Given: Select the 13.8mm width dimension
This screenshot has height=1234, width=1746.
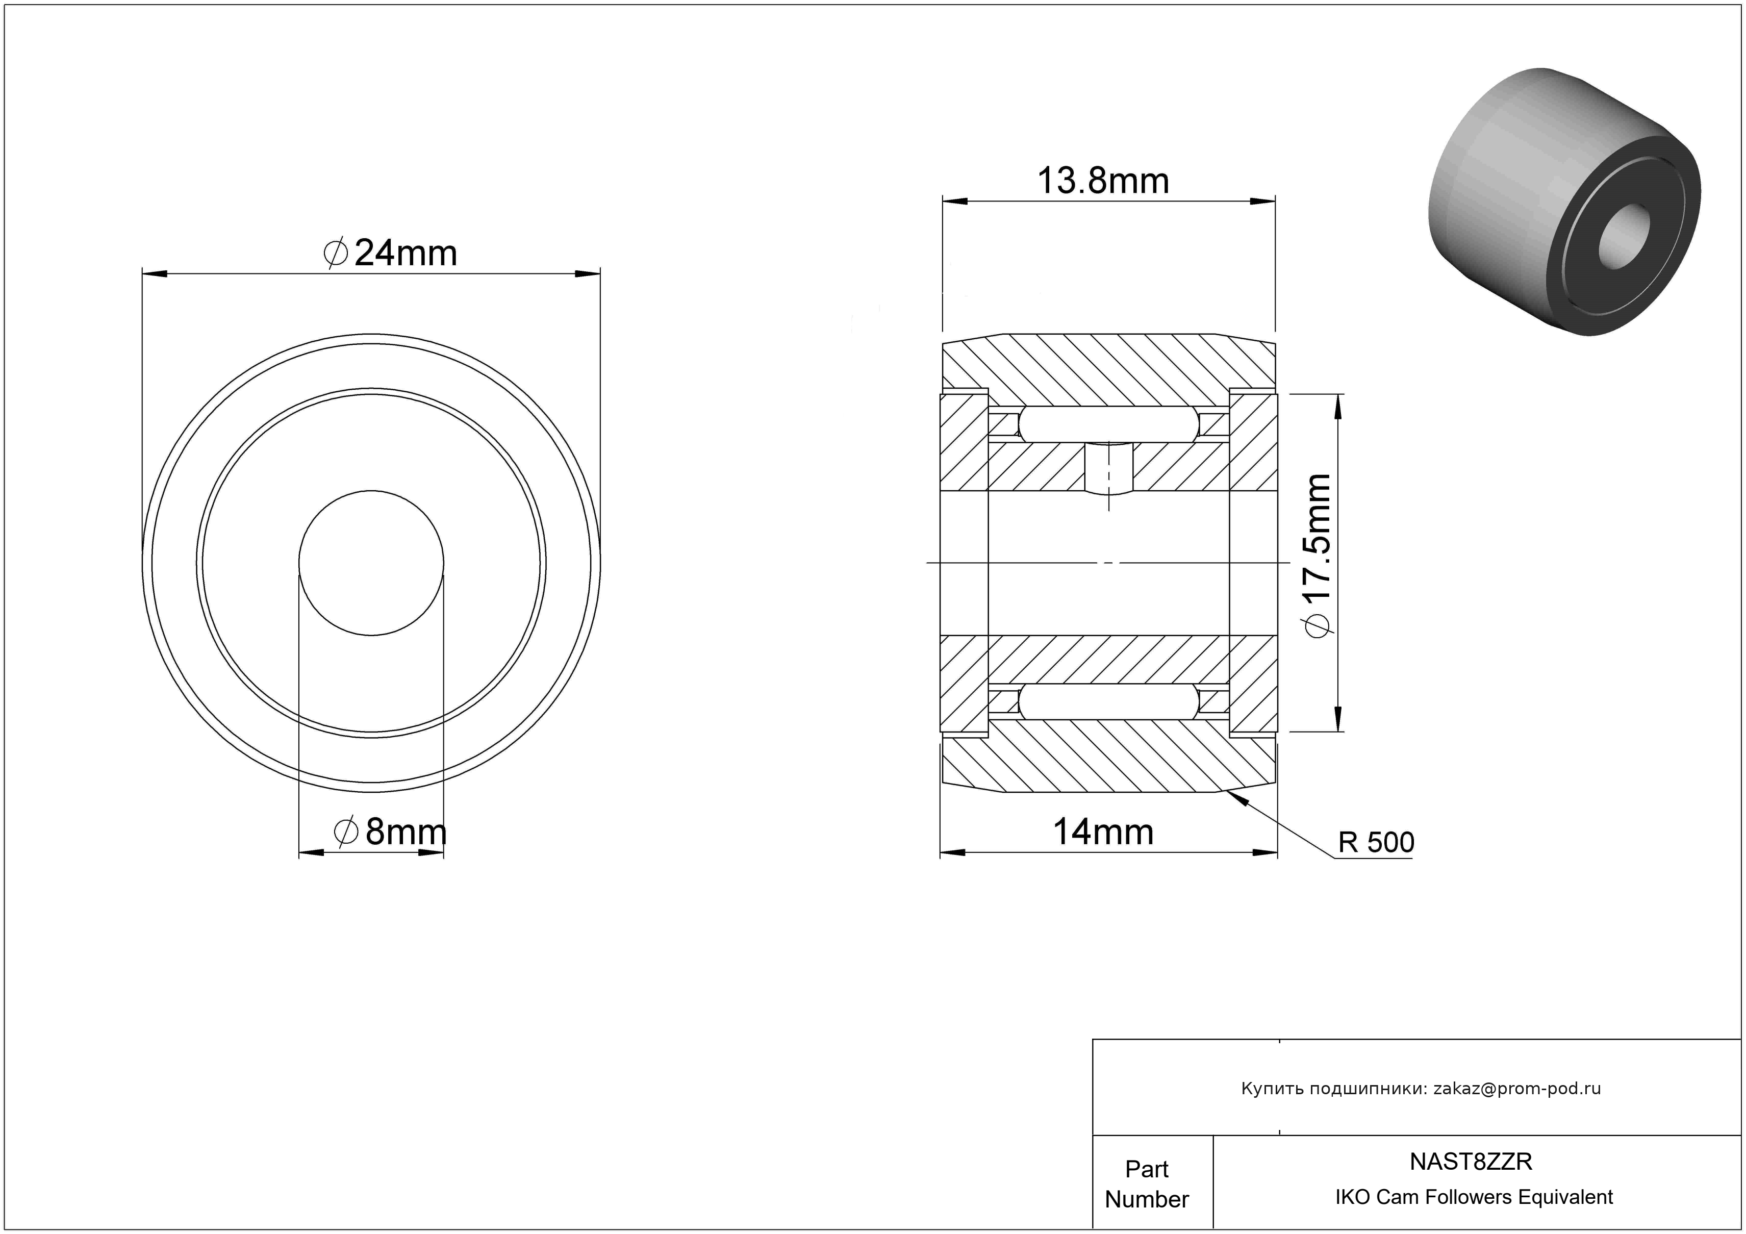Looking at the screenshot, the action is (1103, 181).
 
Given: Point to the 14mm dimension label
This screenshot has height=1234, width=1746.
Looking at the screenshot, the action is (1103, 833).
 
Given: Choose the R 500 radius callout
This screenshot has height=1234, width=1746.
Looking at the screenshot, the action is (1376, 842).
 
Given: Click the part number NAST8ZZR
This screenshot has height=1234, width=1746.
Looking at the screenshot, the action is (1471, 1162).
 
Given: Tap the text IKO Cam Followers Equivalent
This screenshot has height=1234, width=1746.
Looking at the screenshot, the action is (1474, 1197).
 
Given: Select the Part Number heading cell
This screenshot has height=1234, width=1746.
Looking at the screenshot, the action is (1147, 1184).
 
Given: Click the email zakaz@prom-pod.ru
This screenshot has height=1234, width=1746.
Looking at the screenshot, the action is (1517, 1089).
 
